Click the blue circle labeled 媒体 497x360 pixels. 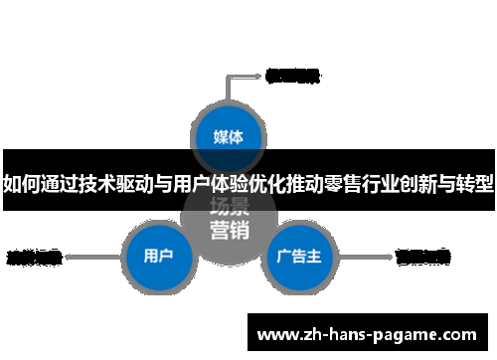tap(230, 134)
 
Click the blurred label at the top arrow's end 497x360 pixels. tap(291, 74)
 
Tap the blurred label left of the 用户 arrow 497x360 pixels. tap(34, 257)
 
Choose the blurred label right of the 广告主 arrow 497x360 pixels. tap(422, 257)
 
